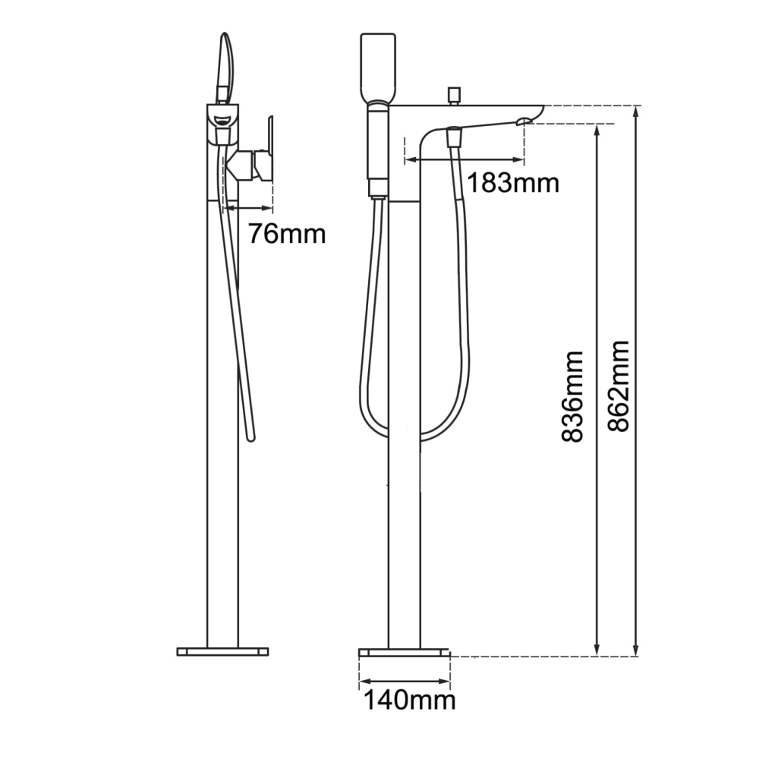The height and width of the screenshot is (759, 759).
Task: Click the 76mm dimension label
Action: pyautogui.click(x=287, y=233)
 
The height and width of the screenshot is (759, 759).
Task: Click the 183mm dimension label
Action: pyautogui.click(x=513, y=183)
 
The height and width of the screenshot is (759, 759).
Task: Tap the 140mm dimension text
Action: pyautogui.click(x=410, y=700)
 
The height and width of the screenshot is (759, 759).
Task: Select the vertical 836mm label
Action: pyautogui.click(x=572, y=397)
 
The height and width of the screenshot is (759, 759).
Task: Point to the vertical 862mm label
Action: pyautogui.click(x=619, y=386)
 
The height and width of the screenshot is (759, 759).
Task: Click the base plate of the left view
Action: pyautogui.click(x=222, y=651)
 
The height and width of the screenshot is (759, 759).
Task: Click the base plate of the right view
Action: pyautogui.click(x=405, y=652)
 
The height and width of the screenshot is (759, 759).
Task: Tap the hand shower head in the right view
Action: pyautogui.click(x=378, y=65)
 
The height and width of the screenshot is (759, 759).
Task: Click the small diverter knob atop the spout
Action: pyautogui.click(x=454, y=96)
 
